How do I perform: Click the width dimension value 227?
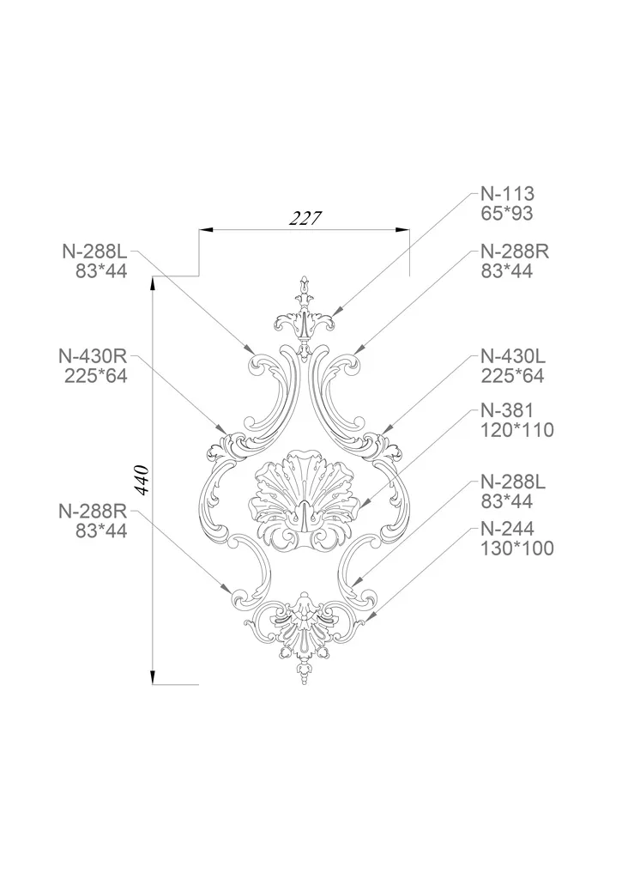(x=306, y=217)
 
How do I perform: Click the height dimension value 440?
(x=142, y=479)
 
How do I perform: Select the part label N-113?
(x=508, y=194)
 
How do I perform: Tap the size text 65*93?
(x=506, y=214)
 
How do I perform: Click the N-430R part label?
(x=93, y=356)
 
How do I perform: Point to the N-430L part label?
(x=513, y=356)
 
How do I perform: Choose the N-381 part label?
(x=507, y=410)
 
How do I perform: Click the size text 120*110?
(x=517, y=430)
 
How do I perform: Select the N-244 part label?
(x=508, y=528)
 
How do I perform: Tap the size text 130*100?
(x=517, y=548)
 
